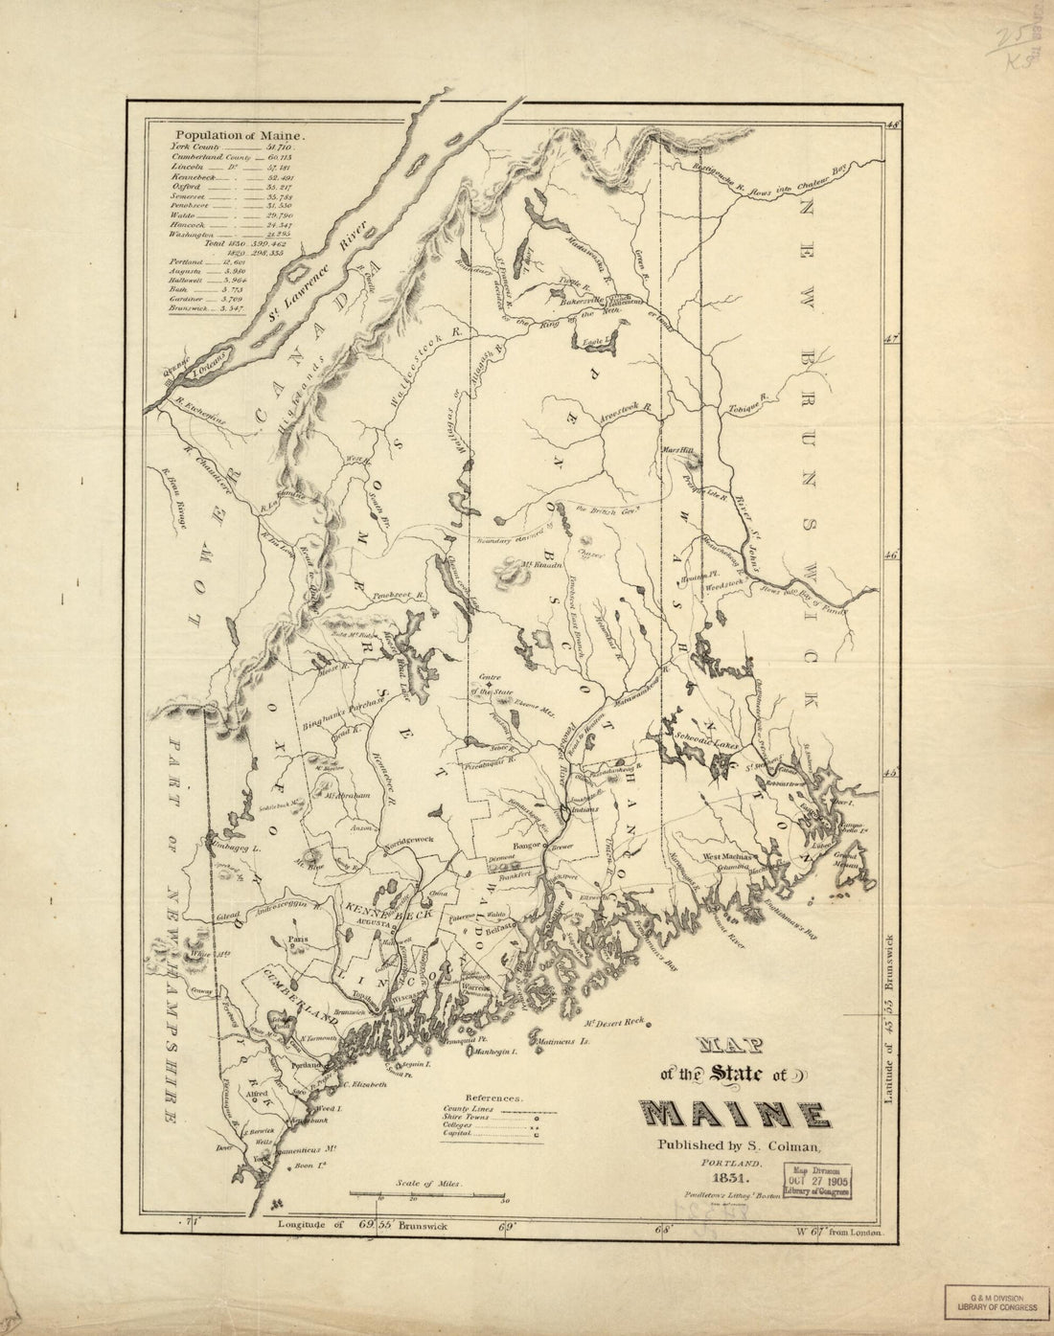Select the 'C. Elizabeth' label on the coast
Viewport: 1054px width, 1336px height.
[x=364, y=1084]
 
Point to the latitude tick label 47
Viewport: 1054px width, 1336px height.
[x=892, y=338]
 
